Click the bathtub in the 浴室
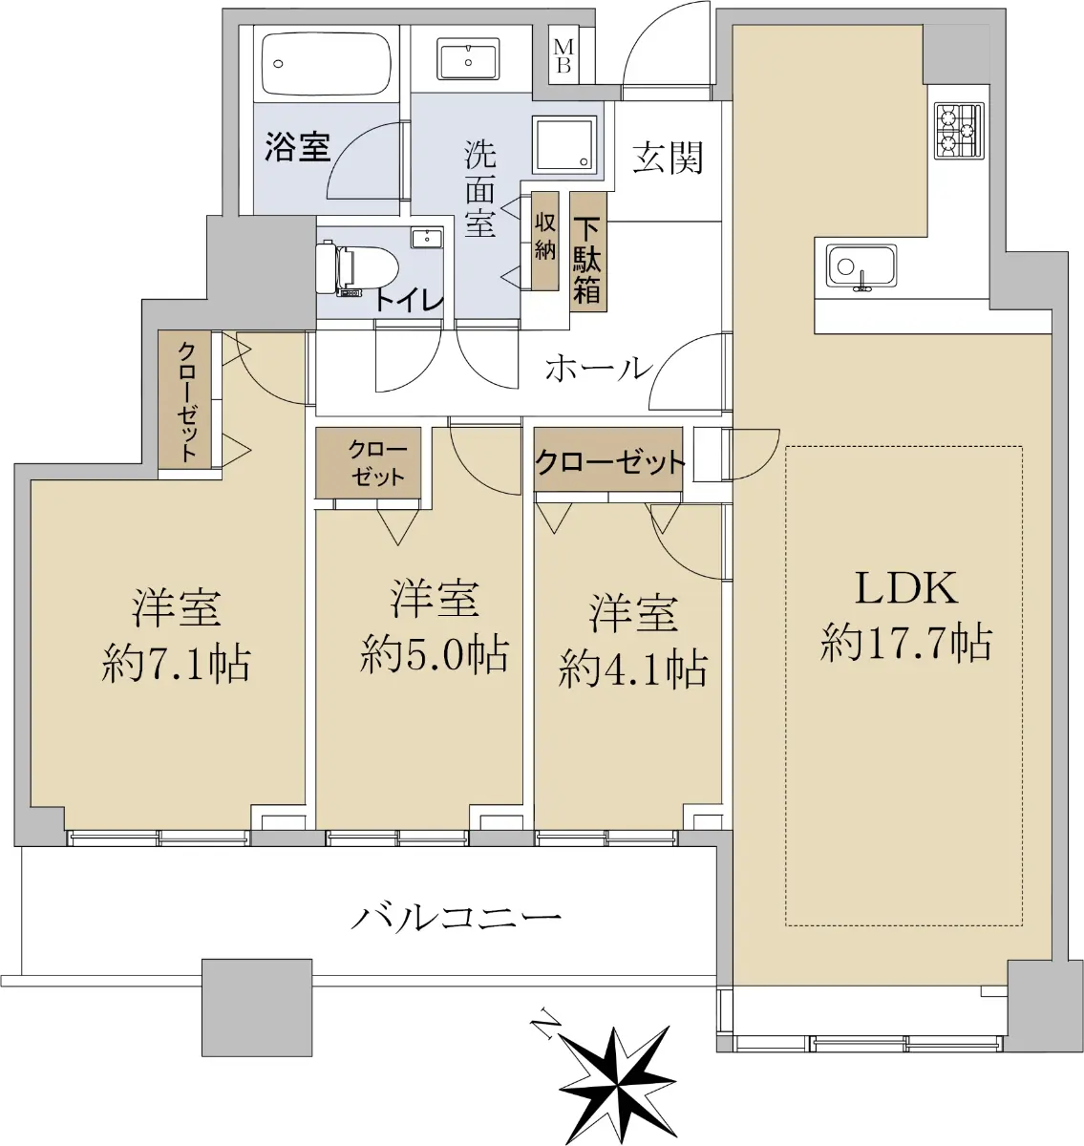pos(326,64)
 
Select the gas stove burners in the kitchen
pos(959,131)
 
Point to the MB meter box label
pos(563,56)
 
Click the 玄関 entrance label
pos(668,158)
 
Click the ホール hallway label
pos(599,369)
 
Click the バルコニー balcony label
pos(456,919)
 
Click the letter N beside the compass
pos(546,1018)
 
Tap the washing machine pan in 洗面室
pos(564,144)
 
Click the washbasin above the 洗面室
pos(468,59)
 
